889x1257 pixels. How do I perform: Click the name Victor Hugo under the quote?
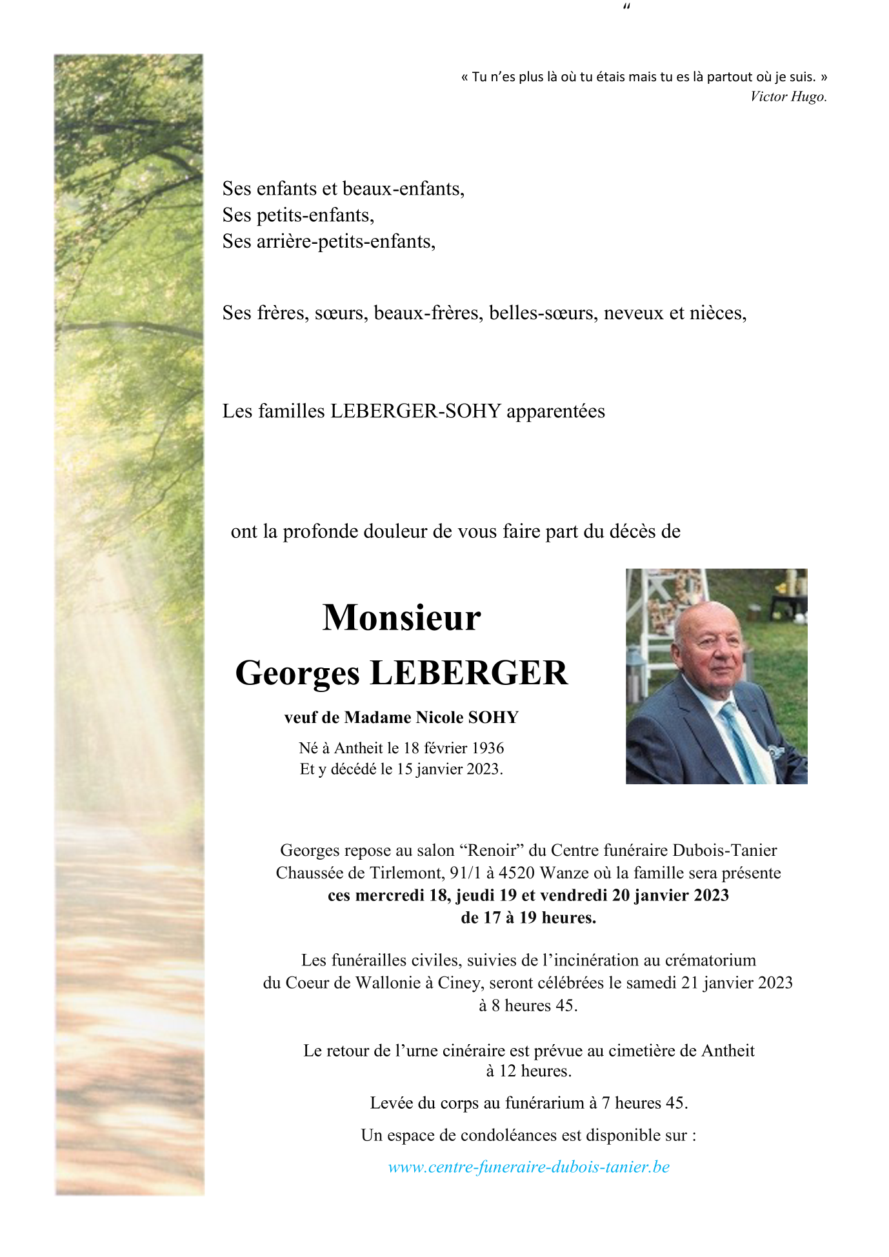[x=788, y=97]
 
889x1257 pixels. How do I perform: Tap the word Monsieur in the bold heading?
[x=401, y=618]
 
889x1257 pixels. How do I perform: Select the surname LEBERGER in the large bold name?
[x=468, y=673]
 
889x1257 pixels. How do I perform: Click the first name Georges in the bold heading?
[x=297, y=673]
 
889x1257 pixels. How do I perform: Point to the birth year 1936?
[x=488, y=748]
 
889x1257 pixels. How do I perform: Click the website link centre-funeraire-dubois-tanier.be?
[x=528, y=1167]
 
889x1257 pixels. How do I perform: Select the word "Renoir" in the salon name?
[x=491, y=851]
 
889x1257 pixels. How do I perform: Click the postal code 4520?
[x=517, y=873]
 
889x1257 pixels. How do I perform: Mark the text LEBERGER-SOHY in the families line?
[x=415, y=411]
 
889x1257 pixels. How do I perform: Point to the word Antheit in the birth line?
[x=359, y=748]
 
